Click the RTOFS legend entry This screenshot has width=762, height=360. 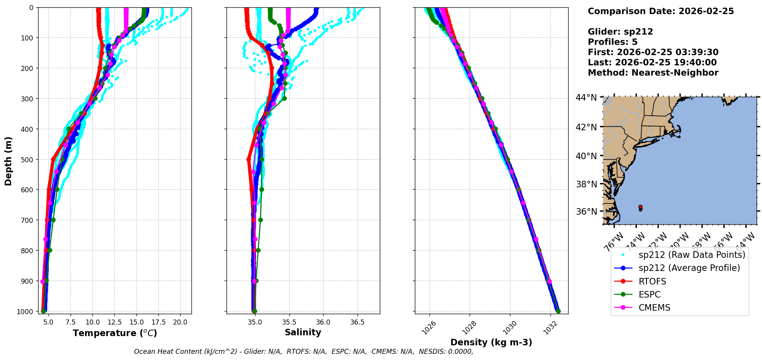652,281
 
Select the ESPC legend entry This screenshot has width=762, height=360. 650,294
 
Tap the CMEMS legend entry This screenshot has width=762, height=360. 654,308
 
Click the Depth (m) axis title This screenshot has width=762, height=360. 8,161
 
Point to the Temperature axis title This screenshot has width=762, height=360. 115,333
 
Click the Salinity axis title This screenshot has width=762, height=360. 303,332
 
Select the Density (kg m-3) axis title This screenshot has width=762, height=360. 491,342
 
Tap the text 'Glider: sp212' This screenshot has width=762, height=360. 620,32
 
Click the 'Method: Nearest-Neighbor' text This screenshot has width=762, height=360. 653,73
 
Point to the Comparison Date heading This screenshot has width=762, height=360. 661,11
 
